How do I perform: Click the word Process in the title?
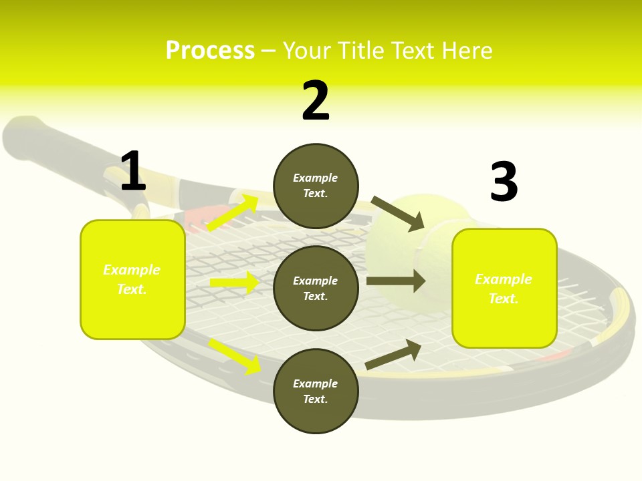tap(211, 51)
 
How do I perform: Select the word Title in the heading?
tap(360, 50)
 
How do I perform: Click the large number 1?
tap(133, 170)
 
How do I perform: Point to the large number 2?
tap(316, 100)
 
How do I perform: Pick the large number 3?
tap(504, 181)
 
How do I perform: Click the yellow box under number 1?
tap(132, 280)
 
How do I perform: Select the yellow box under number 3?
tap(504, 289)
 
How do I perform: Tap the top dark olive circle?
tap(316, 186)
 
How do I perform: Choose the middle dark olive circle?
tap(316, 289)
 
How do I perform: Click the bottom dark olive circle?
tap(316, 391)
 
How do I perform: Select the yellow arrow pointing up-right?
tap(233, 212)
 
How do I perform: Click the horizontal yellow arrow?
tap(235, 282)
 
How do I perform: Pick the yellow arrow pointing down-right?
tap(235, 357)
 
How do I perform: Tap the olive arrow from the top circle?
tap(397, 214)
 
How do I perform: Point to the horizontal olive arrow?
tap(396, 281)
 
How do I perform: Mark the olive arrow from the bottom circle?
tap(393, 354)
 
